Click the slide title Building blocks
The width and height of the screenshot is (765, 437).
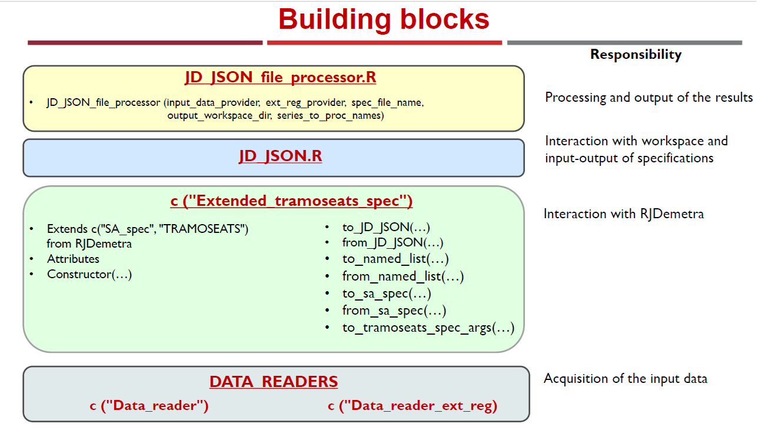coord(384,19)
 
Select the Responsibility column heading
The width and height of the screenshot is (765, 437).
coord(636,55)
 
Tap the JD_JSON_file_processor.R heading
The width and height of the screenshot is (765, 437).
coord(280,77)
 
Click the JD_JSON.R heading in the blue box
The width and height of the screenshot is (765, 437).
coord(280,156)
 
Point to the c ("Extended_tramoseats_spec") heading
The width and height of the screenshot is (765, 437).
coord(291,201)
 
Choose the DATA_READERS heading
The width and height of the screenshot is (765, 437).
coord(274,381)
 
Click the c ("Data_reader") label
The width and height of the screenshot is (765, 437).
coord(149,406)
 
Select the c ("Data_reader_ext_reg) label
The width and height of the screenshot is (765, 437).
coord(413,406)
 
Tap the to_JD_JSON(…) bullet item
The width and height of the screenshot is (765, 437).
coord(386,228)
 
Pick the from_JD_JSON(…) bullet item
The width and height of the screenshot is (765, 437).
coord(393,243)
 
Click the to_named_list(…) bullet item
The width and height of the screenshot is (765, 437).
coord(395,259)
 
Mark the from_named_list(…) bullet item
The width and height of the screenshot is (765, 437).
coord(403,276)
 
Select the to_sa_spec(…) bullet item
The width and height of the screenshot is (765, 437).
coord(387,293)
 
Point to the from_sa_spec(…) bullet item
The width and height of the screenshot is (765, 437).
coord(394,311)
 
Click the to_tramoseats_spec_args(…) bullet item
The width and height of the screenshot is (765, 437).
coord(428,328)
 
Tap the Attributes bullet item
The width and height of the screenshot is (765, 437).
coord(73,259)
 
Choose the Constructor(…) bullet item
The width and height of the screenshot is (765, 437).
coord(89,275)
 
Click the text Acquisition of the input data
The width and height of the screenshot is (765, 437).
coord(626,379)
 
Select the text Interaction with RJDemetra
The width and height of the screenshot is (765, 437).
coord(624,214)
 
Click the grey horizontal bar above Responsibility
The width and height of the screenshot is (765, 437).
coord(624,43)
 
